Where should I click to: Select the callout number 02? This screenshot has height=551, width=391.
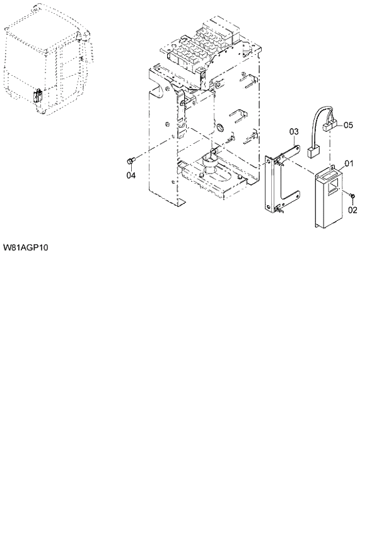point(353,210)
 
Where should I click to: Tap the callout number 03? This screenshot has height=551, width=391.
point(293,131)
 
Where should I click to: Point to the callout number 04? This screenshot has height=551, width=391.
point(131,175)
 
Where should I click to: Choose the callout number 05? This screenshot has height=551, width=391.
point(348,125)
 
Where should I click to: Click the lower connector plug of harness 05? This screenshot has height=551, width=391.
point(312,153)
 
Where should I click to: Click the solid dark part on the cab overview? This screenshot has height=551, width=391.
point(37,97)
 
